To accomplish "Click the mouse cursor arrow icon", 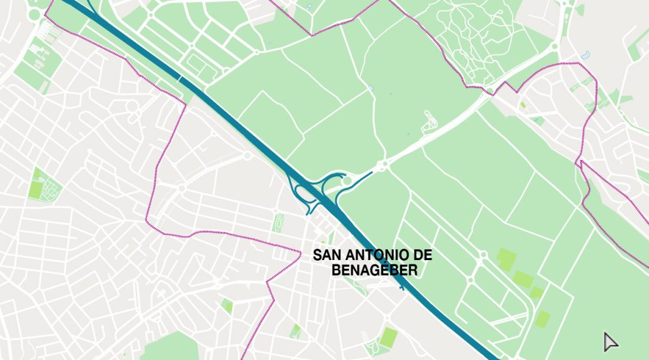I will (x=610, y=341).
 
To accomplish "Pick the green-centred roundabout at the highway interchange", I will (x=348, y=181).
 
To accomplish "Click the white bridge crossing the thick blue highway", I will (x=180, y=79).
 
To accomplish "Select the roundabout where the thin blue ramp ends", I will (x=383, y=165).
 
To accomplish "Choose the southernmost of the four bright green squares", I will (x=542, y=319).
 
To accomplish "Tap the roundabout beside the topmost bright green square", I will (x=483, y=255).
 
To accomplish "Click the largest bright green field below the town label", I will (x=389, y=338).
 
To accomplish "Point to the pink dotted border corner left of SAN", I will (x=300, y=251).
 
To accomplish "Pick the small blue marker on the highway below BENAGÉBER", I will (x=401, y=288).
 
